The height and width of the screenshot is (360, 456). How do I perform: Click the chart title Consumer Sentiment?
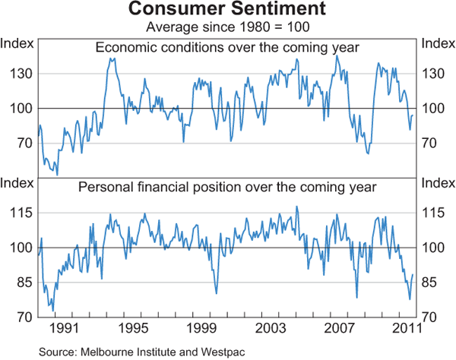pos(227,10)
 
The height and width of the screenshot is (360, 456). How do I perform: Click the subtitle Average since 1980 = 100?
pos(227,27)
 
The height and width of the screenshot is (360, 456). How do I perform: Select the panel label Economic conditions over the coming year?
pos(227,48)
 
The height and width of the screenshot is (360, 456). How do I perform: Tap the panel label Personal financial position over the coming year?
pos(227,186)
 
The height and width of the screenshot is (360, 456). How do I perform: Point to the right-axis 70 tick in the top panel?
pos(431,143)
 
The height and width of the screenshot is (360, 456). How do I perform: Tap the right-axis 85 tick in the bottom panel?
pos(431,283)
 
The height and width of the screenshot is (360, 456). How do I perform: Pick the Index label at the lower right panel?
pos(438,182)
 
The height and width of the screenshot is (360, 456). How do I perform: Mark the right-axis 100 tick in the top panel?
pos(434,109)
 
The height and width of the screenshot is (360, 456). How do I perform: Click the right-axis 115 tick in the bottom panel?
pos(434,213)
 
